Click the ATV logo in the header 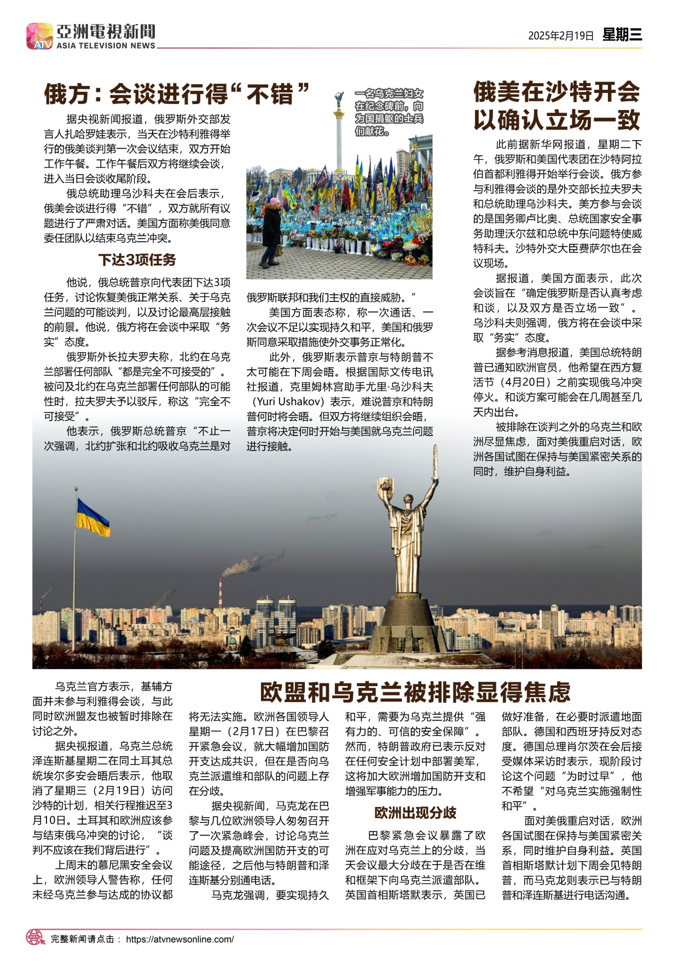click(x=39, y=36)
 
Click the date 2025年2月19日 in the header click(x=560, y=36)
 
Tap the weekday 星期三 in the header click(x=622, y=35)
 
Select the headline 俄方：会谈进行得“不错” click(x=177, y=94)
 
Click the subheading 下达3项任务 click(x=137, y=260)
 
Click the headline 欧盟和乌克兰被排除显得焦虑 click(x=415, y=693)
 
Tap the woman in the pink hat click(x=272, y=231)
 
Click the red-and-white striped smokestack click(x=220, y=593)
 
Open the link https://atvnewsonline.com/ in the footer click(x=179, y=939)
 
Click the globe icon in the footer click(x=36, y=938)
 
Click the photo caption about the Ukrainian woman click(x=389, y=112)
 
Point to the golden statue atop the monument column click(x=339, y=99)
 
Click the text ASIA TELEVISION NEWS click(x=106, y=46)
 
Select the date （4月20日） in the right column click(x=524, y=382)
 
